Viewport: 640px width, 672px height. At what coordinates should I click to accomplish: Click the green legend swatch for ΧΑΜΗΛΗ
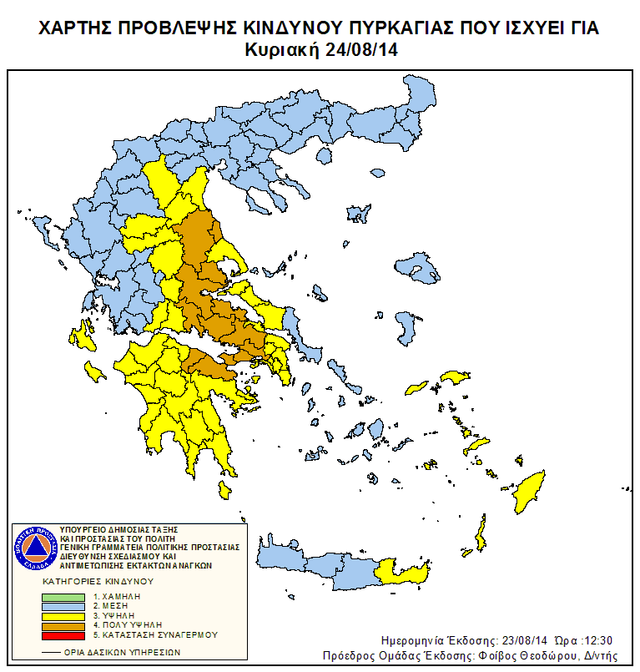coord(63,596)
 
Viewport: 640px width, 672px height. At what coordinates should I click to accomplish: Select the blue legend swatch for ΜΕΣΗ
coord(63,605)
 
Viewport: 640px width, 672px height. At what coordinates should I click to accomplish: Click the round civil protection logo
coord(35,548)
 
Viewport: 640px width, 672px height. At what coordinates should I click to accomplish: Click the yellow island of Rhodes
coord(528,493)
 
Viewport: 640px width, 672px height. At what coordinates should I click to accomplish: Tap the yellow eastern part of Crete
coord(403,573)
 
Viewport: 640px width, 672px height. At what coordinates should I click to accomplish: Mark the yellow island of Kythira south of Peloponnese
coord(224,489)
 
